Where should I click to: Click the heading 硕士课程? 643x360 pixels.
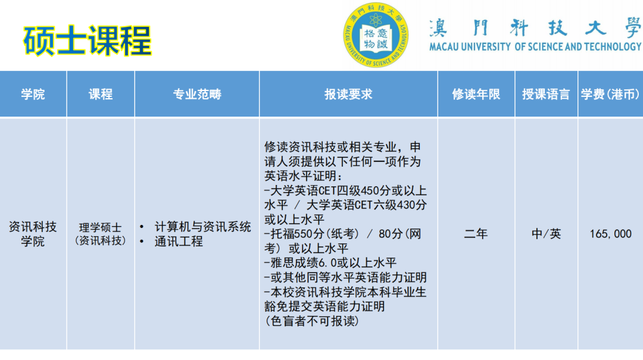[x=88, y=40]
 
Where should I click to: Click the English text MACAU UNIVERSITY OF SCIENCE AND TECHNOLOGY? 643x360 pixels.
[x=535, y=46]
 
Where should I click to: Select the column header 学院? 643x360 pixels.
[x=33, y=94]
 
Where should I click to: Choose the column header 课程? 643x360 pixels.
[x=101, y=94]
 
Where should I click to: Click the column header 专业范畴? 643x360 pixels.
[x=197, y=94]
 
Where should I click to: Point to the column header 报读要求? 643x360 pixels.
[x=348, y=94]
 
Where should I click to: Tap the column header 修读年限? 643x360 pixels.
[x=476, y=94]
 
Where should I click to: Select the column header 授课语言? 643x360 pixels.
[x=546, y=94]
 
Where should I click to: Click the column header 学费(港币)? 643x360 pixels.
[x=610, y=94]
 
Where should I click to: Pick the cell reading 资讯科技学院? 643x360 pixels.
[x=33, y=234]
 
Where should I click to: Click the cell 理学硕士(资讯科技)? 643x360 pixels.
[x=101, y=234]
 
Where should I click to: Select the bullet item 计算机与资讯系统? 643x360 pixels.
[x=202, y=227]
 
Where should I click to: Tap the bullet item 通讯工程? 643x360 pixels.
[x=179, y=242]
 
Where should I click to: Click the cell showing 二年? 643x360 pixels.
[x=476, y=234]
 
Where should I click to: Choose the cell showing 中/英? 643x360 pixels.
[x=546, y=234]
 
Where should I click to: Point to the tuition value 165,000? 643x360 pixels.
[x=610, y=234]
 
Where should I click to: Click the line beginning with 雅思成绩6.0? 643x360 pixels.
[x=330, y=262]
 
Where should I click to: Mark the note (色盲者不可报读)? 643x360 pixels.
[x=312, y=321]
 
